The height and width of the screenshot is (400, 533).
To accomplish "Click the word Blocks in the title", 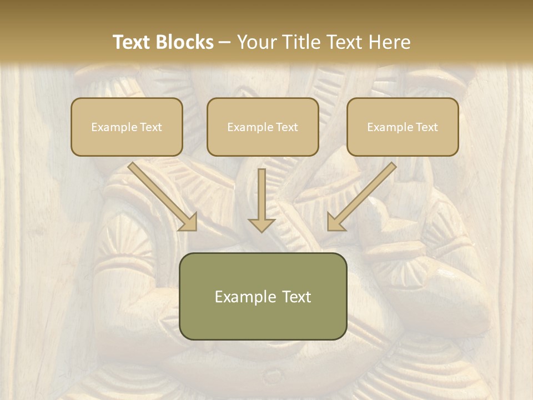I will coord(187,42).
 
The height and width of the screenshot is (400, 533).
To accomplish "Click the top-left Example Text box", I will coord(127,127).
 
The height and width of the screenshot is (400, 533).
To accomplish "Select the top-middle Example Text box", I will coord(263,127).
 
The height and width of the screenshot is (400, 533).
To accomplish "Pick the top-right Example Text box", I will coord(403,127).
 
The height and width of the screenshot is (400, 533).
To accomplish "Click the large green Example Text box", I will coord(263,296).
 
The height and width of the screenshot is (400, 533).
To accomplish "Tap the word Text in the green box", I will coord(297,297).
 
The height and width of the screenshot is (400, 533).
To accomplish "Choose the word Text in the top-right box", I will coord(426,127).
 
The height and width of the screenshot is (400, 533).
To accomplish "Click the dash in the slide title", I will coord(225,43).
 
